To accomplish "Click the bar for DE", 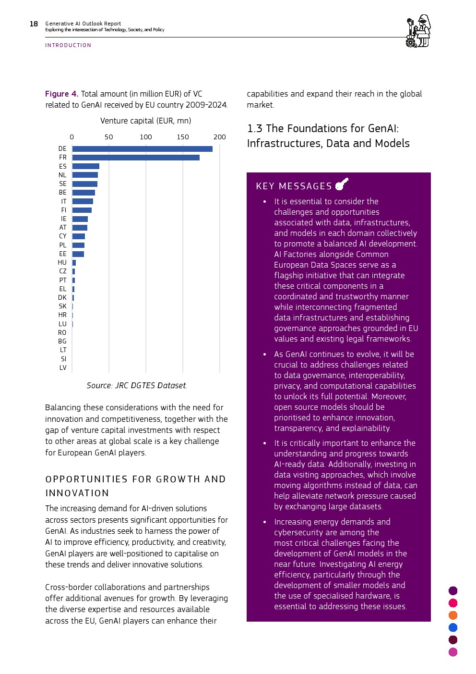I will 142,149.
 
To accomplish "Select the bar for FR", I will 136,158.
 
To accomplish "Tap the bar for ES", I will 85,166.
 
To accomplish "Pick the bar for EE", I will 78,254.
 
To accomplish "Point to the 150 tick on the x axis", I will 182,137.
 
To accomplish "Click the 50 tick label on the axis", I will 109,137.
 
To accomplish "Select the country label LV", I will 63,368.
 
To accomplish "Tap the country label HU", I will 62,263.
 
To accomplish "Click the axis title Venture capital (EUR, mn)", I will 145,121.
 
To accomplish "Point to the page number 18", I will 34,24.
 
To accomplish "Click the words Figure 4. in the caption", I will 61,94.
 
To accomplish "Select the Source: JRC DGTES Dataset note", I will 136,386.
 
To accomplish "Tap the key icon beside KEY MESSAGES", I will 342,184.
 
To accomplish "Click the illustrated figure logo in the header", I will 418,31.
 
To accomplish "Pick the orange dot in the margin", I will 453,615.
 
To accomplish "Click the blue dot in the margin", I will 453,627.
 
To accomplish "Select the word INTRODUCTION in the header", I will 68,45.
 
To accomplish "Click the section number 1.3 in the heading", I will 255,129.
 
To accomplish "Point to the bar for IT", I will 83,201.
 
